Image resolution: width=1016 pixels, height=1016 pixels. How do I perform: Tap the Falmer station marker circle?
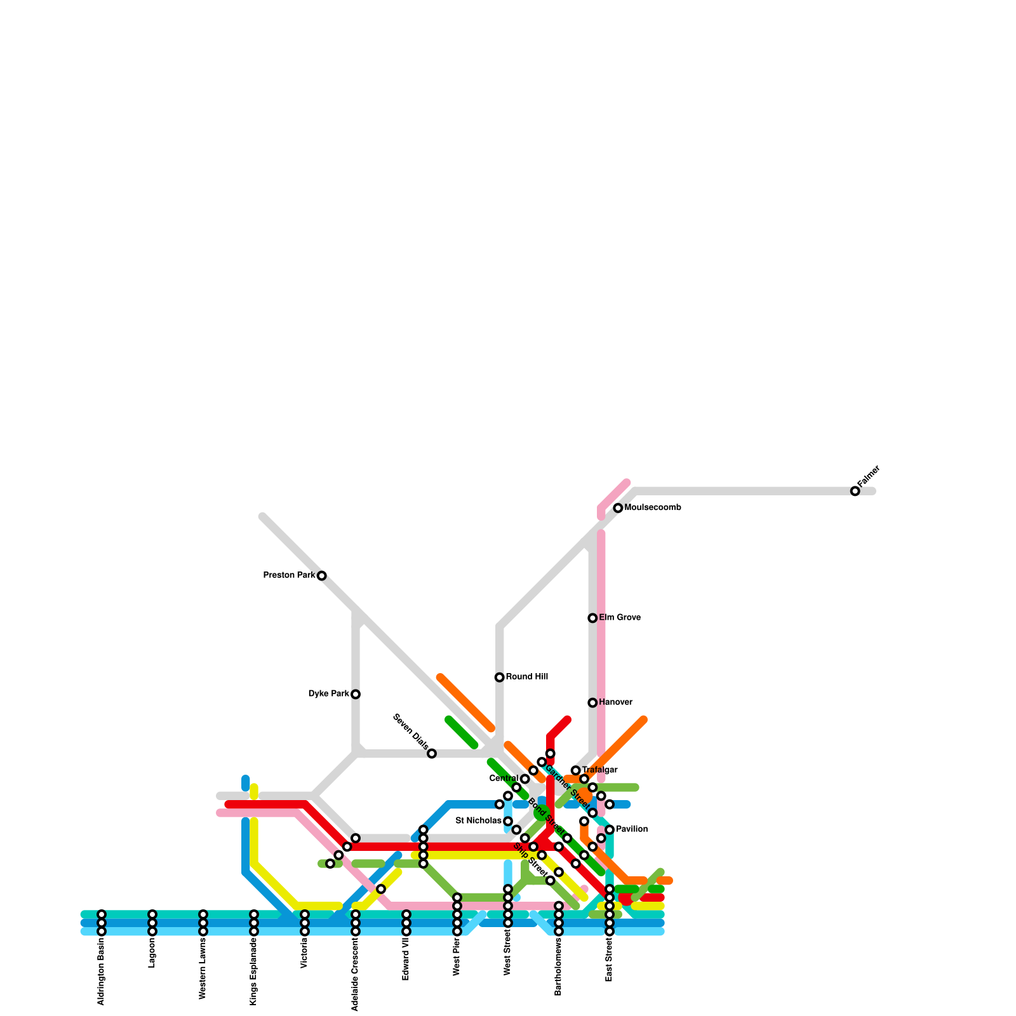tap(855, 491)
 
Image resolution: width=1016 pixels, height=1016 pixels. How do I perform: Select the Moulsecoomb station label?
tap(653, 508)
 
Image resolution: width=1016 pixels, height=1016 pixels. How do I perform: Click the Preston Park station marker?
tap(322, 576)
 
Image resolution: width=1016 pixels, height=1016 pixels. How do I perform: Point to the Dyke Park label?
tap(328, 694)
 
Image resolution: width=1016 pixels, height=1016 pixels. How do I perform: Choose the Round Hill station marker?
tap(500, 678)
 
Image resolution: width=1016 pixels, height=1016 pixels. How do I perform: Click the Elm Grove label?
tap(620, 618)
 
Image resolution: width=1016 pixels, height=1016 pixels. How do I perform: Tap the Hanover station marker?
tap(592, 703)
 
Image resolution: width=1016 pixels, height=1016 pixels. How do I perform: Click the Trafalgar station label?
tap(599, 770)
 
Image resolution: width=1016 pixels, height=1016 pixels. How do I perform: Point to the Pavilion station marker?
tap(610, 830)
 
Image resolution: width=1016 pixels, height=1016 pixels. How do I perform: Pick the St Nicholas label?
tap(478, 821)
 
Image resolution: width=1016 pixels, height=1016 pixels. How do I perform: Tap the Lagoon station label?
tap(152, 953)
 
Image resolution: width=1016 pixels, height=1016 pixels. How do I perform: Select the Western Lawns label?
tap(203, 969)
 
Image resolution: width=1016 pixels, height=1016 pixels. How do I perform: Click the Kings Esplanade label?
tap(254, 972)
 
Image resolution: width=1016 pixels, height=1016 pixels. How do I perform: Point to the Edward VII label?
tap(406, 959)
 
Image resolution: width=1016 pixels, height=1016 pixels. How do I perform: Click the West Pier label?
tap(457, 957)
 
